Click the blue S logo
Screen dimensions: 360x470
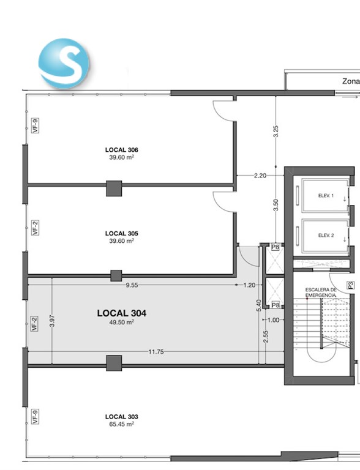(x=64, y=63)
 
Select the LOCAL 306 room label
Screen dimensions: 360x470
(x=121, y=150)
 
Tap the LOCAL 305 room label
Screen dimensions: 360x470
(x=121, y=234)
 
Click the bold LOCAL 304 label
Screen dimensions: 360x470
(x=121, y=313)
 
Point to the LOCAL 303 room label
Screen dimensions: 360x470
(x=121, y=417)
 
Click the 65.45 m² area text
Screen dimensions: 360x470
(x=121, y=424)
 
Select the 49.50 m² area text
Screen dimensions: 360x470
(x=121, y=323)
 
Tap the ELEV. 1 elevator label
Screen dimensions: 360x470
(x=326, y=196)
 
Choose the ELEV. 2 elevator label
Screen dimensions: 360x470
(x=326, y=235)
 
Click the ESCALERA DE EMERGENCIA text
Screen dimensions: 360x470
(x=321, y=293)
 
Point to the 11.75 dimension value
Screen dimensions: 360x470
(x=156, y=352)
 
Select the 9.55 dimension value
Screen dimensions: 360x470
(x=132, y=285)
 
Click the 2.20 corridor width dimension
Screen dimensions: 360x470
(x=260, y=176)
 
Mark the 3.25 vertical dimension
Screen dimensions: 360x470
(x=276, y=132)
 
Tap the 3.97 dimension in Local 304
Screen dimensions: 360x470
(x=52, y=321)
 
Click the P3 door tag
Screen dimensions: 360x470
(x=351, y=285)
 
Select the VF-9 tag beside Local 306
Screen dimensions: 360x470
(x=36, y=125)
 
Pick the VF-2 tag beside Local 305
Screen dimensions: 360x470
(x=36, y=228)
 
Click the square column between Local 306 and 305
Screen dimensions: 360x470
(x=114, y=188)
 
